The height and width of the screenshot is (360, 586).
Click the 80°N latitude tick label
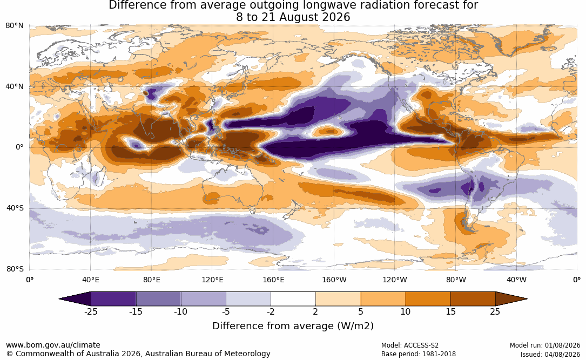[15, 25]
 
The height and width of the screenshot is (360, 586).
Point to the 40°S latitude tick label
[15, 208]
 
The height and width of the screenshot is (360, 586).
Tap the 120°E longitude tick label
[212, 280]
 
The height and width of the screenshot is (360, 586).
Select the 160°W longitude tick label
[334, 280]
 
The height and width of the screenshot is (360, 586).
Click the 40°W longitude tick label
[517, 280]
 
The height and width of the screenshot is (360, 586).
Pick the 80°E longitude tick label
[152, 280]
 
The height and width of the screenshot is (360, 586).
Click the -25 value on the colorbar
[91, 311]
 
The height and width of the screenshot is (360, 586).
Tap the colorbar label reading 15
[450, 311]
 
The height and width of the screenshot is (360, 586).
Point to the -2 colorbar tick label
[271, 311]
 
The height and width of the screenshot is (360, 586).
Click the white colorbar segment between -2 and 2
[293, 299]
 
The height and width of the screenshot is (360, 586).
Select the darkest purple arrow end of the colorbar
[75, 299]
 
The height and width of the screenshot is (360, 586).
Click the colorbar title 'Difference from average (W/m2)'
[293, 326]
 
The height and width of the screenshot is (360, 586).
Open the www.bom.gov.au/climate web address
[53, 345]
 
